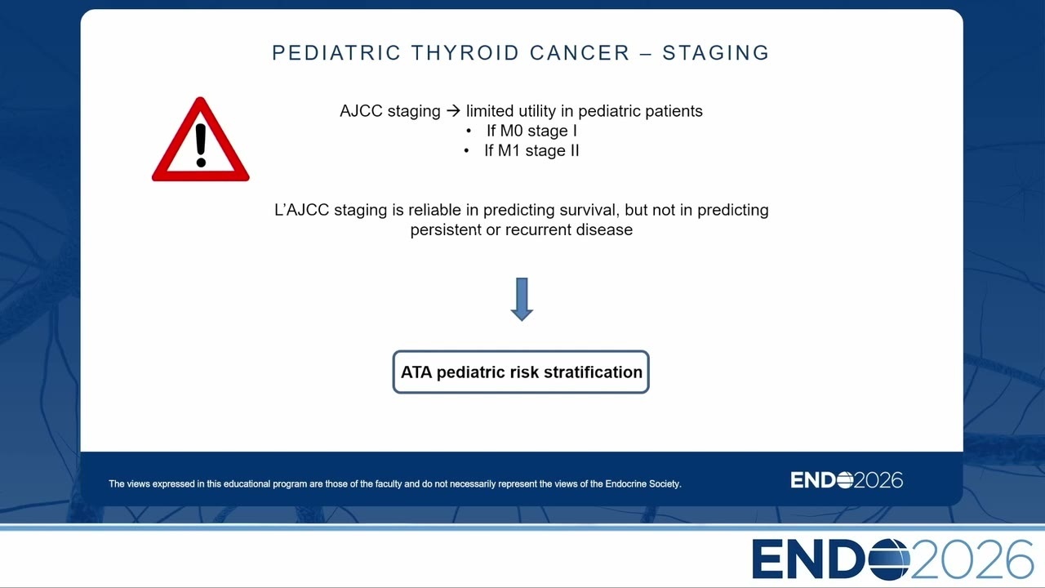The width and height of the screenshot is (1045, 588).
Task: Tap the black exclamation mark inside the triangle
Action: pos(201,145)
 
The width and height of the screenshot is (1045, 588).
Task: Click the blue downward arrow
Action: pos(522,299)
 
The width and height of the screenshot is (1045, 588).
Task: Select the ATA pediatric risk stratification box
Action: pos(521,372)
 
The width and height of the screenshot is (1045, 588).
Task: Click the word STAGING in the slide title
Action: pos(716,53)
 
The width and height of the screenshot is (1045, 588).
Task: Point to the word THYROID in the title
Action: pos(465,53)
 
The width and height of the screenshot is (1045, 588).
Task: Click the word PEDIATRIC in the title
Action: pos(336,53)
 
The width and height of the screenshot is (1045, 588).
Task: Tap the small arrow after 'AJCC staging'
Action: pos(453,111)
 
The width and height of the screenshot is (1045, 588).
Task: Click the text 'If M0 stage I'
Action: pos(531,131)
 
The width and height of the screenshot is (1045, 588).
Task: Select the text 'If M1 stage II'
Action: pos(531,151)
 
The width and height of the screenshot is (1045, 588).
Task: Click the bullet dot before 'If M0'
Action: pos(469,131)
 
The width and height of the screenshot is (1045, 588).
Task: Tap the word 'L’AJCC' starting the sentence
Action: pos(302,210)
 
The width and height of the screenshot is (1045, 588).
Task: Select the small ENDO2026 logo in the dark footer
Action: pos(847,480)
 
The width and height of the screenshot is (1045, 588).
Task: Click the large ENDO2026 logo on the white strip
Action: pos(893,559)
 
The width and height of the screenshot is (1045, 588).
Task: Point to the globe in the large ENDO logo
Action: pos(889,559)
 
